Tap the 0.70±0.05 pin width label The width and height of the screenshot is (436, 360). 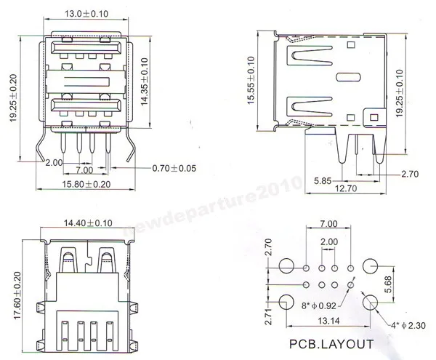[x=175, y=169]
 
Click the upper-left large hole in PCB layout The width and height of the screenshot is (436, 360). [x=286, y=266]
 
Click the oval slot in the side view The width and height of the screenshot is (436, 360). [x=347, y=76]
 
